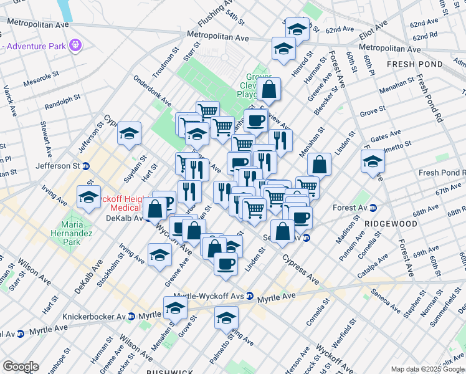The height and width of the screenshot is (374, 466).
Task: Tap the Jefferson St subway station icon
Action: pyautogui.click(x=86, y=166)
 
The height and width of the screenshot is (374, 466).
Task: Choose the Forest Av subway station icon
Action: pyautogui.click(x=373, y=208)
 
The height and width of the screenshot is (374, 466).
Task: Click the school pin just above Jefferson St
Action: pyautogui.click(x=129, y=133)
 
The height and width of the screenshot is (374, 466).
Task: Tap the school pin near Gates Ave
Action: pyautogui.click(x=373, y=161)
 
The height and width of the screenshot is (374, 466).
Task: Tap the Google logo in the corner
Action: pyautogui.click(x=20, y=367)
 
